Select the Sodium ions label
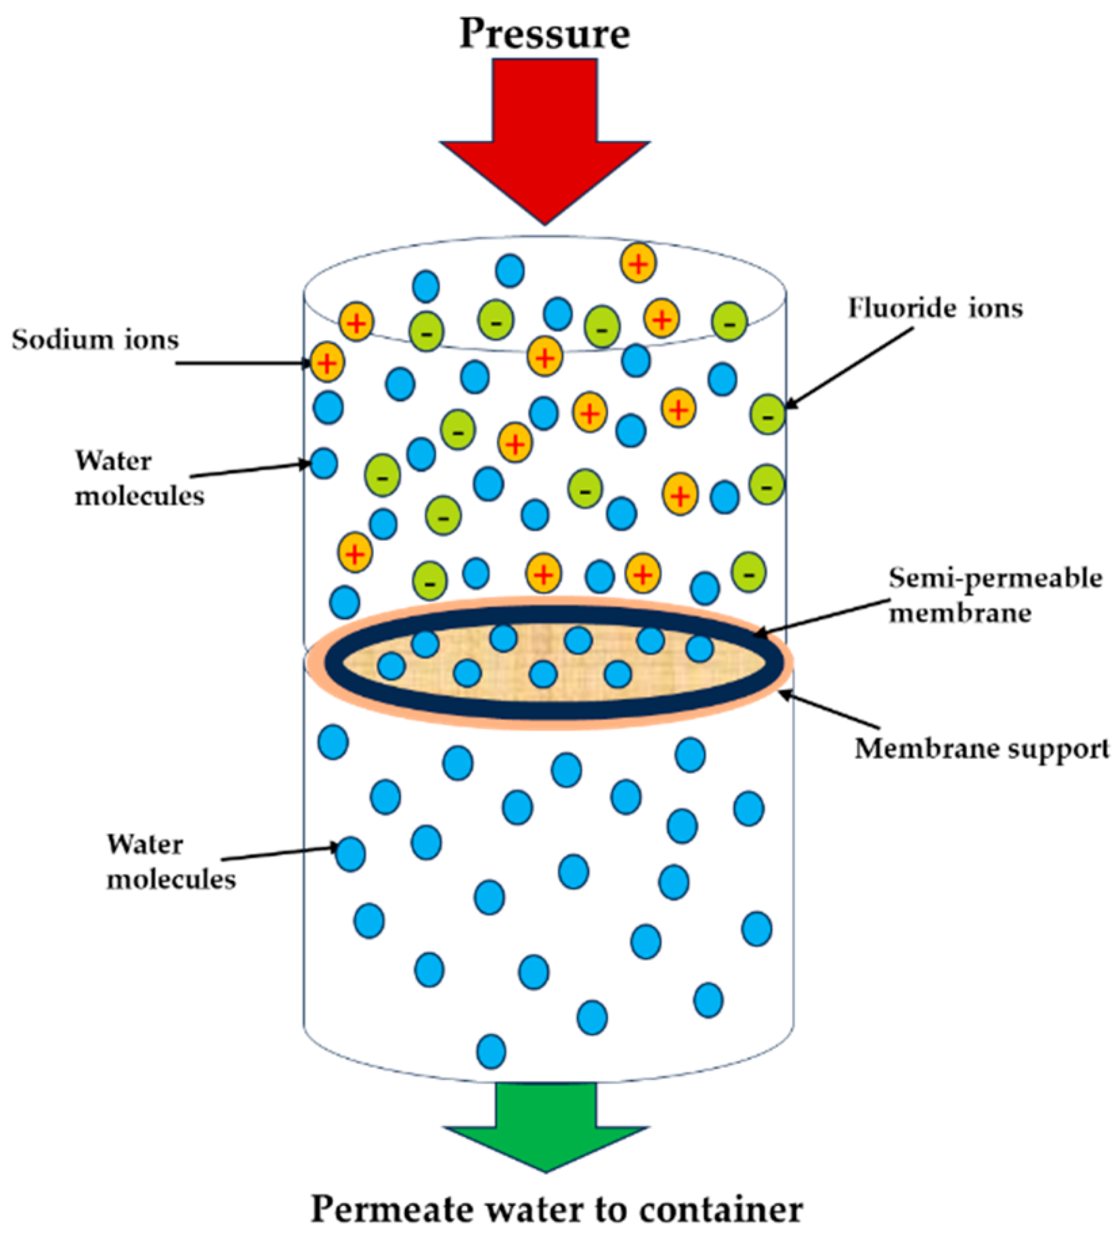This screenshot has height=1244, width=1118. click(x=95, y=339)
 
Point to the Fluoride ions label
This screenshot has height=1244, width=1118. click(x=935, y=308)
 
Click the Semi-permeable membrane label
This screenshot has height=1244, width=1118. click(x=994, y=595)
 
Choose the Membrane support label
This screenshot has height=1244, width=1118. click(x=982, y=749)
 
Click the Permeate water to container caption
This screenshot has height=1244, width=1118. click(x=557, y=1209)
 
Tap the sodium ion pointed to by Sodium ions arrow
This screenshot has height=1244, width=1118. click(x=327, y=362)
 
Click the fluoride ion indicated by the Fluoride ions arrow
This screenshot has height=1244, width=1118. click(x=768, y=413)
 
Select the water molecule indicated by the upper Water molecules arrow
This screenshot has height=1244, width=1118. click(x=324, y=464)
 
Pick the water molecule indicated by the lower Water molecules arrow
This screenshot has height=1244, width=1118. click(x=351, y=853)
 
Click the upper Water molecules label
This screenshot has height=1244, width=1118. click(x=139, y=478)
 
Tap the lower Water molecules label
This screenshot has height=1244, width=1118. click(x=171, y=862)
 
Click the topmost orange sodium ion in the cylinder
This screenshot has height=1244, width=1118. click(x=638, y=263)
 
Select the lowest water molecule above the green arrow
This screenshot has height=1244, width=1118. click(x=491, y=1052)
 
